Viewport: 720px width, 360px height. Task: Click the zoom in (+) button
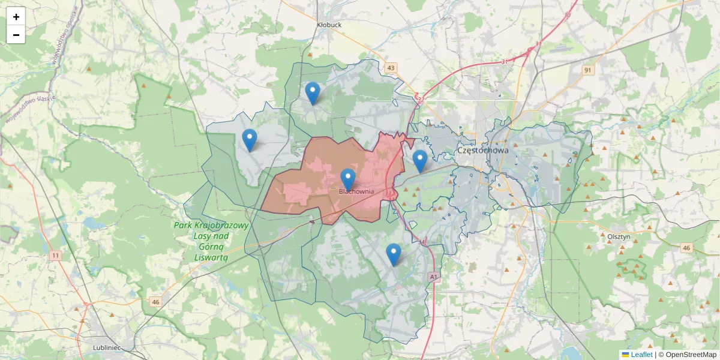tap(16, 17)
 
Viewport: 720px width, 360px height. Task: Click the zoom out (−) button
tap(16, 35)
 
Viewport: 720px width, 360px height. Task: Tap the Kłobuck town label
tap(329, 25)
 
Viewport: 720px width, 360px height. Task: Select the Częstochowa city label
tap(482, 150)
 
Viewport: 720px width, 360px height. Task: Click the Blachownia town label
tap(356, 192)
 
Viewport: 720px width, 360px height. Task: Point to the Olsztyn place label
tap(618, 236)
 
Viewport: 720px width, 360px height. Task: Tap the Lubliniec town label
tap(108, 347)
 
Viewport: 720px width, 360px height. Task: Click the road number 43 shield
tap(391, 68)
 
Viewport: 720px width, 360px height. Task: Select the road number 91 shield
tap(587, 70)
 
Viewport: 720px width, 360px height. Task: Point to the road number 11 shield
tap(56, 256)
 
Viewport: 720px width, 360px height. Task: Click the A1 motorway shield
tap(434, 276)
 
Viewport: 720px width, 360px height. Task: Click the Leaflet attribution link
tap(641, 355)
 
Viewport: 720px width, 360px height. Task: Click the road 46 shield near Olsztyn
tap(686, 248)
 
